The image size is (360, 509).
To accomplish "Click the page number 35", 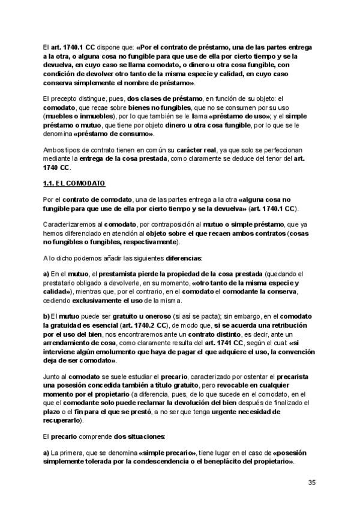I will point(311,483).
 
